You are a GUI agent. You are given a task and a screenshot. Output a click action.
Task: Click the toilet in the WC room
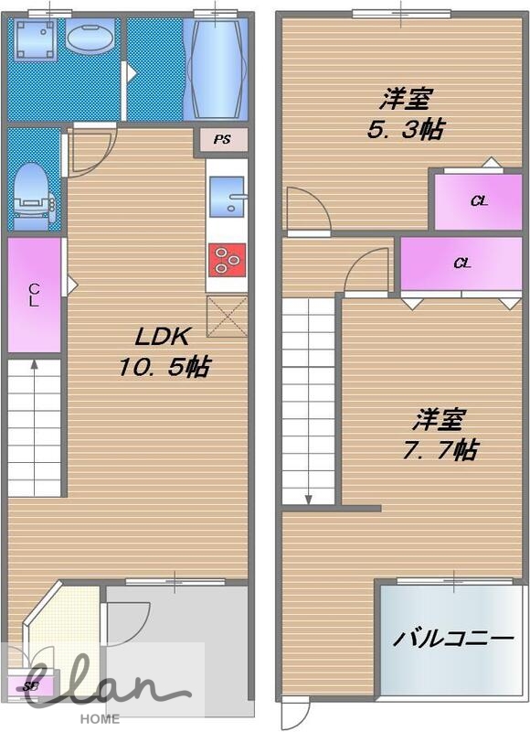[33, 197]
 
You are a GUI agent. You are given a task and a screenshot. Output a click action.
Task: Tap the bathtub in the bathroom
[216, 69]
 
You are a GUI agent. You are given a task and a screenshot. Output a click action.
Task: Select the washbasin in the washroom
[90, 37]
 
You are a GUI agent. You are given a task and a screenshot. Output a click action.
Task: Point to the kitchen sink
[227, 197]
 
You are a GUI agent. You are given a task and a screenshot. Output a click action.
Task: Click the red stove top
[227, 260]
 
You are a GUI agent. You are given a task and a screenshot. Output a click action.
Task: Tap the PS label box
[223, 140]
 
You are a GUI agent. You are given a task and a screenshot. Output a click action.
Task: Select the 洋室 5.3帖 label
[405, 113]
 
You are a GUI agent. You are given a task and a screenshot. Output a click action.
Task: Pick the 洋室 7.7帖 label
[439, 434]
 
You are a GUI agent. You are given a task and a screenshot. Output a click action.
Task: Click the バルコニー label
[453, 638]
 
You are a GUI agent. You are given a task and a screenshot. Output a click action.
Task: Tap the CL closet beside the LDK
[34, 295]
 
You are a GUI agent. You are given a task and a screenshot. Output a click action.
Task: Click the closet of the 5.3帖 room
[478, 201]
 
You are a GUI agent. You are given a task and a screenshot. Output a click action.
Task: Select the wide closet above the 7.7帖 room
[461, 264]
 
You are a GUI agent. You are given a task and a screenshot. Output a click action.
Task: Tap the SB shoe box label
[30, 686]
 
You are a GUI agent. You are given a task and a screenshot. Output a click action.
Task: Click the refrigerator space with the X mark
[227, 316]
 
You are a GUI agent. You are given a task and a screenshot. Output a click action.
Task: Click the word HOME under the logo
[100, 719]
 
